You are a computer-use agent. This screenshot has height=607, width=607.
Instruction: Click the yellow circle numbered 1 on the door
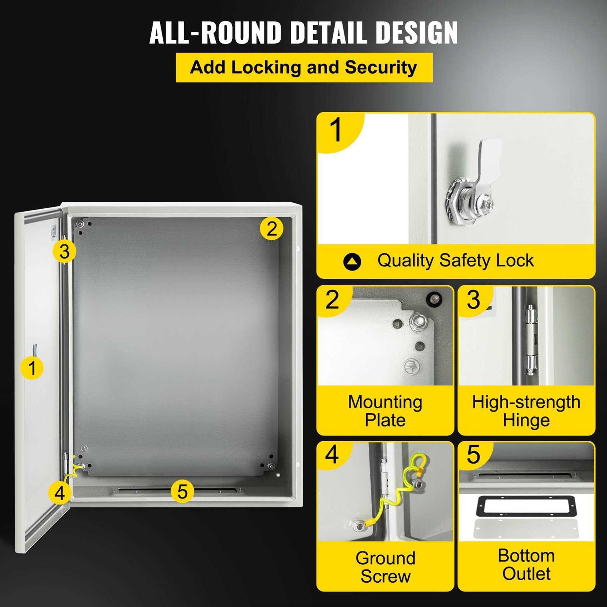tap(32, 368)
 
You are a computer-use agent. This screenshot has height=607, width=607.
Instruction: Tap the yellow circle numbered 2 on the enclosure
tap(272, 229)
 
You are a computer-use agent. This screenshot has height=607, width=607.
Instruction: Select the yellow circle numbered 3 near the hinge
tap(64, 251)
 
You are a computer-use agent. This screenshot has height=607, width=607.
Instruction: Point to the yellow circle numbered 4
tap(59, 493)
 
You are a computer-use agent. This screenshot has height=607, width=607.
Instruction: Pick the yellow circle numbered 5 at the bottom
tap(182, 491)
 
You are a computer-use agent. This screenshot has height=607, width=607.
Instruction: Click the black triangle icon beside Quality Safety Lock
tap(352, 261)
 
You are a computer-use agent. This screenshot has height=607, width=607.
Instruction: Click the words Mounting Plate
tap(385, 411)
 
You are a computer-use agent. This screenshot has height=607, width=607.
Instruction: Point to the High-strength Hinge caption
tap(526, 411)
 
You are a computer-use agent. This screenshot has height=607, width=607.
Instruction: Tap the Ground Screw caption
tap(385, 567)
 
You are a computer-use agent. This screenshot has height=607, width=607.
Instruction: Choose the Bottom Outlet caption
tap(526, 565)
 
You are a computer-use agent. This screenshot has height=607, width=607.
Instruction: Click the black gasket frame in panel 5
tap(526, 506)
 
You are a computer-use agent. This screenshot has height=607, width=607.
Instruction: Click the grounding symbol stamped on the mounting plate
tap(412, 367)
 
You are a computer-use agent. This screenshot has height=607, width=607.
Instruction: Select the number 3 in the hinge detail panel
tap(473, 300)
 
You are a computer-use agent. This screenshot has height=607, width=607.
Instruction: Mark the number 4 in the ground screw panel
tap(332, 455)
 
